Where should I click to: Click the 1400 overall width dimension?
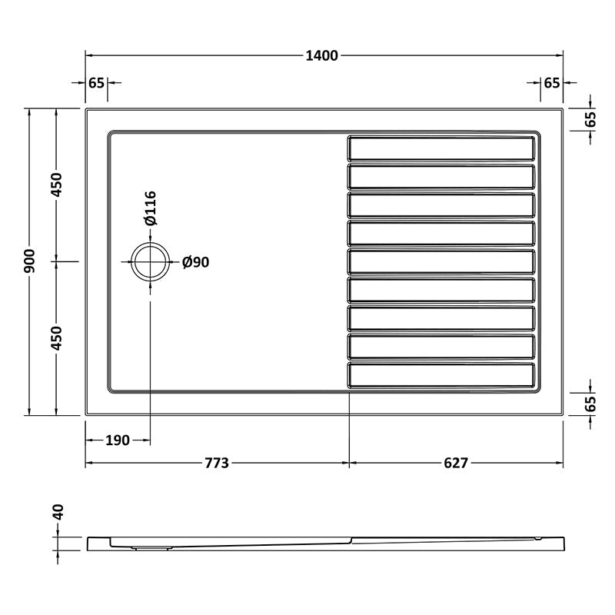pos(323,55)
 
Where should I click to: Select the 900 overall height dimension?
pos(29,261)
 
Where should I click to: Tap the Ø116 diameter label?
pos(151,208)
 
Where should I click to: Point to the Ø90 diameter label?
pos(196,262)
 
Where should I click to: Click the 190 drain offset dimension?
pos(117,440)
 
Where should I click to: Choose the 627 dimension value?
pos(456,464)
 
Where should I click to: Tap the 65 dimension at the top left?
pos(96,83)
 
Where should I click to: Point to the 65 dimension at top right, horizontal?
pos(551,83)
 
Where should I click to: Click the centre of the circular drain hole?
pos(150,262)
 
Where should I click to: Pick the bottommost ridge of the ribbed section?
pos(441,374)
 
